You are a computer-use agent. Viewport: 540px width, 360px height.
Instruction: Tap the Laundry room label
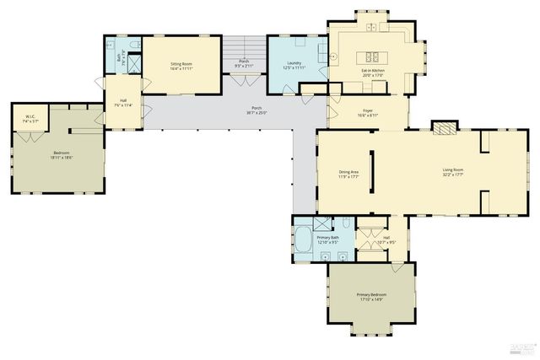pyautogui.click(x=294, y=63)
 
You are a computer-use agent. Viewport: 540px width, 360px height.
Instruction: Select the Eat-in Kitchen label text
pyautogui.click(x=373, y=71)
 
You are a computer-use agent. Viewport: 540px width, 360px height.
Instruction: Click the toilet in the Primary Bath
pyautogui.click(x=346, y=224)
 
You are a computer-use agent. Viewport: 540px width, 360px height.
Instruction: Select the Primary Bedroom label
pyautogui.click(x=370, y=294)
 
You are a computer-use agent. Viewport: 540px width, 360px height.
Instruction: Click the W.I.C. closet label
pyautogui.click(x=30, y=117)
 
